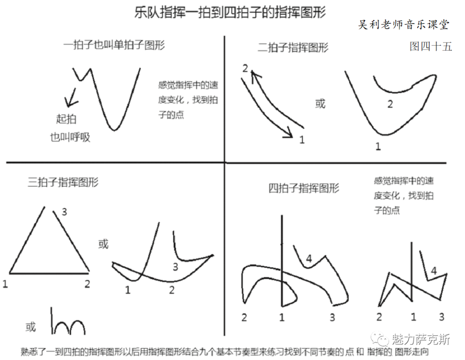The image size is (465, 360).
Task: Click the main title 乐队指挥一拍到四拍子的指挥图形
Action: click(x=230, y=12)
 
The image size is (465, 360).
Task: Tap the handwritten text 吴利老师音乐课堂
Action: click(x=403, y=25)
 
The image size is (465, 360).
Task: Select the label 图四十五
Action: click(x=431, y=46)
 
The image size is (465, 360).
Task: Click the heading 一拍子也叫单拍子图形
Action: click(x=114, y=45)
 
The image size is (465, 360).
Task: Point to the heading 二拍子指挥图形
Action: click(x=293, y=47)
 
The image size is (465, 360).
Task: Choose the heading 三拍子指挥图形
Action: click(x=63, y=182)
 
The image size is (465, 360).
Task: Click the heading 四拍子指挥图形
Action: click(x=304, y=188)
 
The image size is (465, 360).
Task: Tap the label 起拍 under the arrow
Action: click(x=66, y=119)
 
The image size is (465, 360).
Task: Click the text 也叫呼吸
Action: click(x=70, y=137)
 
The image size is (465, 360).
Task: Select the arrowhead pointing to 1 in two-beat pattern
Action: click(x=288, y=133)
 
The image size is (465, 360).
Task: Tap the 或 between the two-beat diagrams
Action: click(x=320, y=104)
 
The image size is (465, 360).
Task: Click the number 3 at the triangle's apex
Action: click(x=64, y=212)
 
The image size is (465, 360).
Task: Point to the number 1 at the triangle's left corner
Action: click(x=5, y=284)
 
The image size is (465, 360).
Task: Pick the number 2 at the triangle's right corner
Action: click(x=87, y=283)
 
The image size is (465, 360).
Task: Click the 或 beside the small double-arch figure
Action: click(x=31, y=327)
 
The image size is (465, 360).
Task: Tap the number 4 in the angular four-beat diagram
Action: click(x=434, y=271)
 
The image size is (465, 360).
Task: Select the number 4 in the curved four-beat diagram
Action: click(x=309, y=258)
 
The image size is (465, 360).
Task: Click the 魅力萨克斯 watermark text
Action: click(x=421, y=339)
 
